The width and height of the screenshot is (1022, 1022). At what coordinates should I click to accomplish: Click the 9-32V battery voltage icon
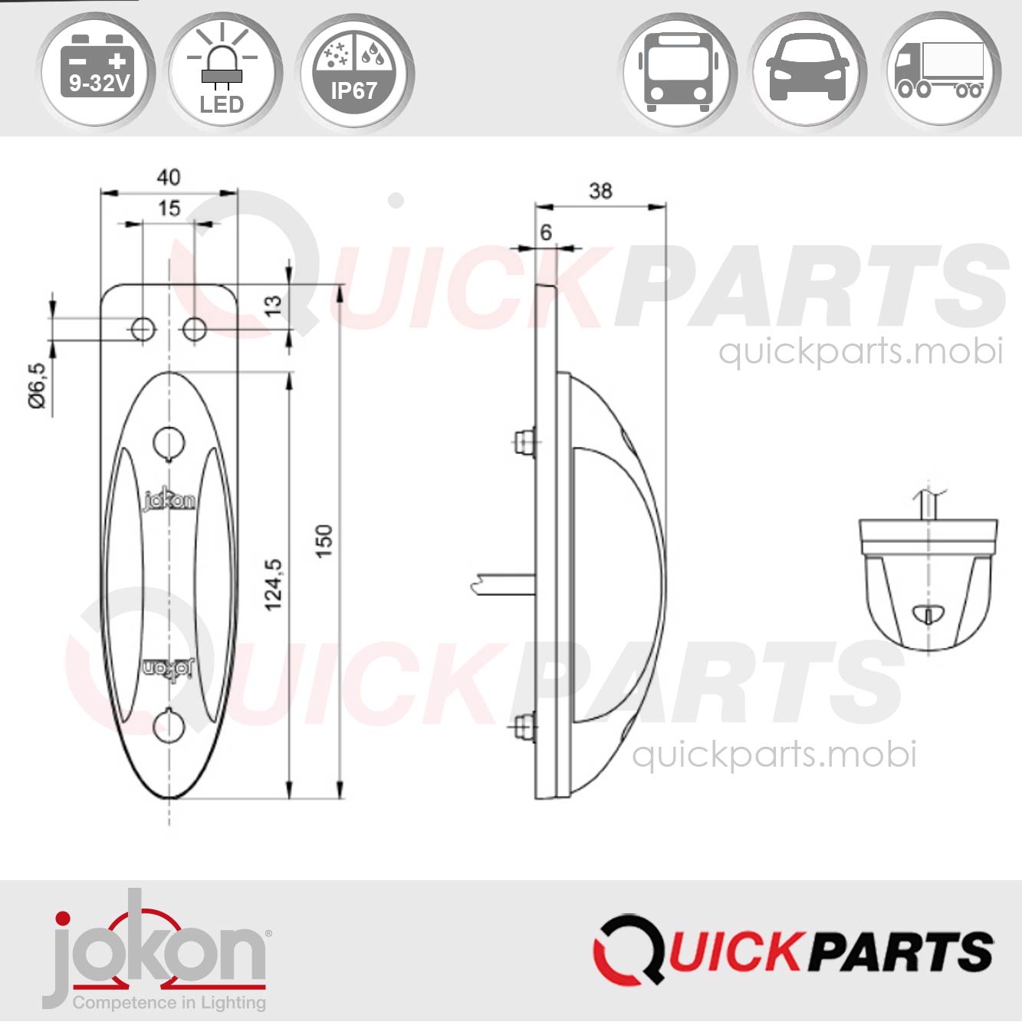coord(97,71)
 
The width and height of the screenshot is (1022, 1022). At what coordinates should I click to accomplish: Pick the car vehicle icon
coord(808,71)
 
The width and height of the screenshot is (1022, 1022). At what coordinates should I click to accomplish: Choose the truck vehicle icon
coord(940,71)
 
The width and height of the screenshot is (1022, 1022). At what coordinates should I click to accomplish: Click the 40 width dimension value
coord(169,177)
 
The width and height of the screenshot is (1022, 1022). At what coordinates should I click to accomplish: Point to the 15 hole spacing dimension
coord(169,208)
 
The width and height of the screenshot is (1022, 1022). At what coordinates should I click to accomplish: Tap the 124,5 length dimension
coord(274,585)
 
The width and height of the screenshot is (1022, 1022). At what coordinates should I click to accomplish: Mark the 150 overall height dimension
coord(324,541)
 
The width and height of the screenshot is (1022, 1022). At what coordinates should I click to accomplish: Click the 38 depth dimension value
coord(600,191)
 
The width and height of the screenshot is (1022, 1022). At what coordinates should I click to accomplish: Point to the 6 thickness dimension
coord(546,232)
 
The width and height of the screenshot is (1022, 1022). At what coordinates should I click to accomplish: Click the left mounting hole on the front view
coord(143,330)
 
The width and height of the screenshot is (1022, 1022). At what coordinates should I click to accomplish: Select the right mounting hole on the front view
coord(195,330)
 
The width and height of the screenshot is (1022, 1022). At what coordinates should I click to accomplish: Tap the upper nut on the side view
coord(524,442)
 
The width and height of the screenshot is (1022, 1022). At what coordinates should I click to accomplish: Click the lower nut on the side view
coord(524,725)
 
